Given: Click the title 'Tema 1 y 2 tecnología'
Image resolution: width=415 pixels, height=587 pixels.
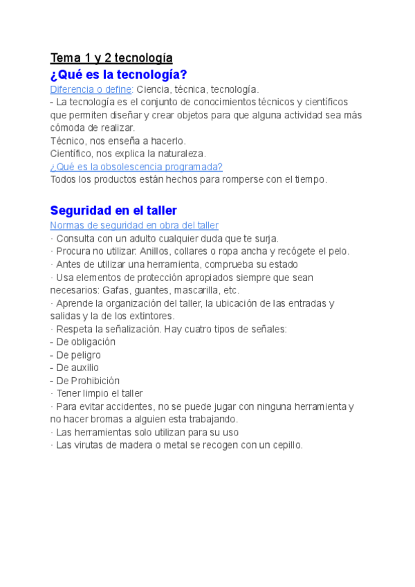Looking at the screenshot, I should pos(111,57).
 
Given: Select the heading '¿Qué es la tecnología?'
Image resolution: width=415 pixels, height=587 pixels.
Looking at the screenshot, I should pos(119,75).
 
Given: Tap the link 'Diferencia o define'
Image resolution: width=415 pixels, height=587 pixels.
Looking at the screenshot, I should pos(91,89).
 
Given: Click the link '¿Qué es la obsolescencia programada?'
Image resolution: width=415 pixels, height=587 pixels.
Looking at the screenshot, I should pos(136,167).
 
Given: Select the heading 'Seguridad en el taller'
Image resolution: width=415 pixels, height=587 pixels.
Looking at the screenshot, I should pos(113,210).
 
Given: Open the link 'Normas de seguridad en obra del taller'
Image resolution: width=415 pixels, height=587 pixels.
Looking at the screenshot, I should pos(134,226).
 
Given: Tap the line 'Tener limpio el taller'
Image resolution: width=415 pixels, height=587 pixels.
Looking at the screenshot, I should pos(99,394).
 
